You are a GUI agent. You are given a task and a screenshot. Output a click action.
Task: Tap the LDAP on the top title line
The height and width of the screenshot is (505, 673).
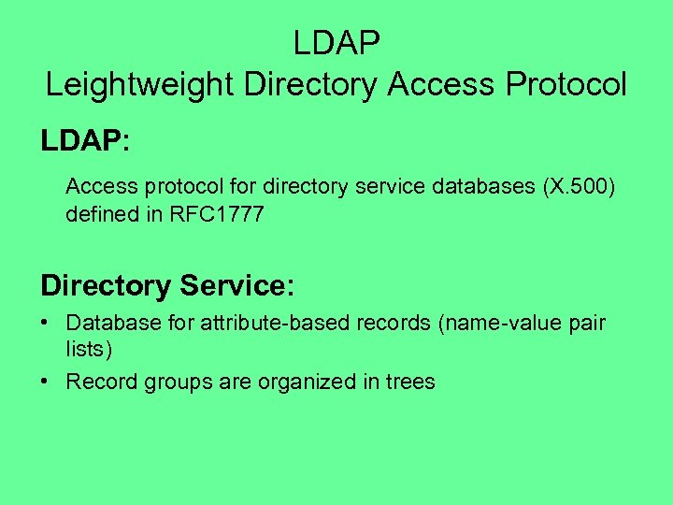(x=336, y=43)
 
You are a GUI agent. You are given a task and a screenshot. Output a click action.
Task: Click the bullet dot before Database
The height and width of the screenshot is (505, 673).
(x=45, y=324)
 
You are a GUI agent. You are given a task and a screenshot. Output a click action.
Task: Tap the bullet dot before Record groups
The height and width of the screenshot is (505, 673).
(x=45, y=382)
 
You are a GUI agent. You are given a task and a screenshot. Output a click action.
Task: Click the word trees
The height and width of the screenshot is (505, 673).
(x=409, y=382)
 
